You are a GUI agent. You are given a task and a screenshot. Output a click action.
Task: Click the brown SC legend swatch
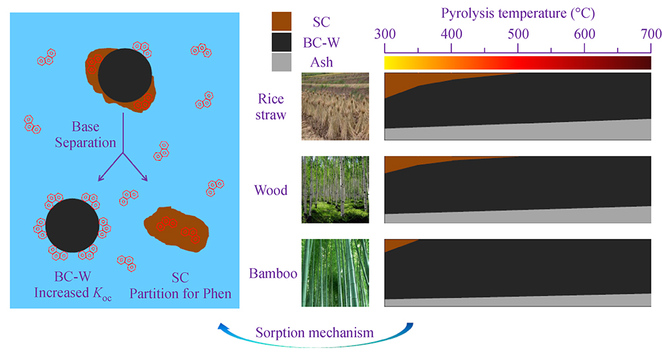pos(281,21)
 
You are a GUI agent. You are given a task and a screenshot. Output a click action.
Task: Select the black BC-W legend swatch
pos(281,42)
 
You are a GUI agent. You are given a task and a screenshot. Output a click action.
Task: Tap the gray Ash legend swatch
pos(281,62)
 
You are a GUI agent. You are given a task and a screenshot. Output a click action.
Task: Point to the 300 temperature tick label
pos(385,34)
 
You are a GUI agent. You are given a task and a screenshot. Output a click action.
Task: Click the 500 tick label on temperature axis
pos(518,34)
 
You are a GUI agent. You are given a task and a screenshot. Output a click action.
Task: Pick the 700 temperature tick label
pos(651,34)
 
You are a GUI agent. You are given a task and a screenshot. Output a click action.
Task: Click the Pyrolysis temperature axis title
pos(518,13)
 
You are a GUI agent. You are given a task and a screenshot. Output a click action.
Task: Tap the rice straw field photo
pos(335,107)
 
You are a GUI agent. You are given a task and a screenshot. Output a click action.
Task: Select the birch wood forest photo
pos(335,189)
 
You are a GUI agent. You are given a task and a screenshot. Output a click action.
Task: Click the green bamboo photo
pos(335,273)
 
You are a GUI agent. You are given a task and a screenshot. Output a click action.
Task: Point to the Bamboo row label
pos(273,273)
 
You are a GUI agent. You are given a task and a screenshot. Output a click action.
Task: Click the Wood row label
pos(271,191)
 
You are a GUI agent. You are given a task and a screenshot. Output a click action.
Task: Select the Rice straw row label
pos(271,107)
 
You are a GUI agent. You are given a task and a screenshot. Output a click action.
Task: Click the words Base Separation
pos(85,134)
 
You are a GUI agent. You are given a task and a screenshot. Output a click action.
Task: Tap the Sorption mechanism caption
pos(314,333)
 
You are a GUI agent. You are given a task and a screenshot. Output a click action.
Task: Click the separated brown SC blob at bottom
pos(177,229)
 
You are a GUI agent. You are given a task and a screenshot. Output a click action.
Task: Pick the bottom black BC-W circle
pos(72,226)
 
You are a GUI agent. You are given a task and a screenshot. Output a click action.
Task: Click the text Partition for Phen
pos(180,294)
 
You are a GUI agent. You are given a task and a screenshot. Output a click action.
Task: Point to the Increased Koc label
pos(73,294)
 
